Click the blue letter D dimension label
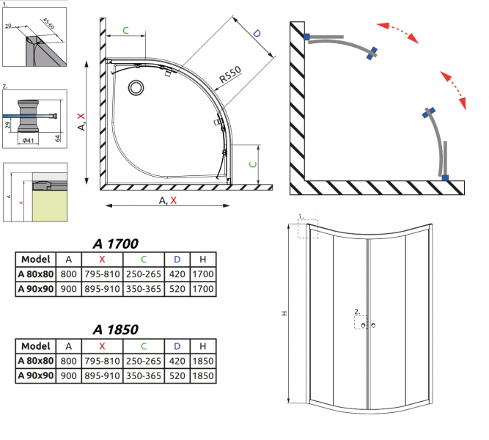[257, 34]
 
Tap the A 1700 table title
[115, 243]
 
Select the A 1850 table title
[115, 330]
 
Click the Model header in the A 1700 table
[35, 259]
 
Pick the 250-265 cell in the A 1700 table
[144, 274]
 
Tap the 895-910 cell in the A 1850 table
[102, 376]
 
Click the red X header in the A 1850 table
[102, 345]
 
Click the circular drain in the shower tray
[137, 88]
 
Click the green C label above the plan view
[125, 31]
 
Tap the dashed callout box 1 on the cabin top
[308, 228]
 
